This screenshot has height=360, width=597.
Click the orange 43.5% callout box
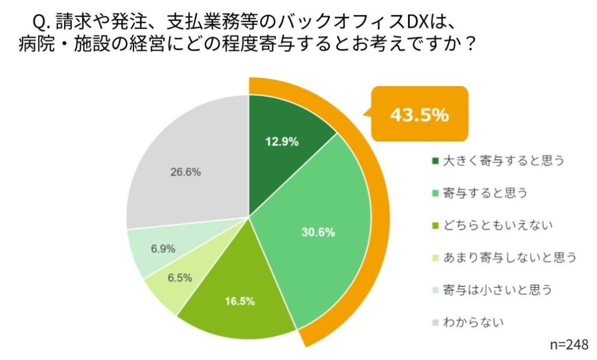coord(419,115)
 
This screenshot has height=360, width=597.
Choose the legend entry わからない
coord(473,320)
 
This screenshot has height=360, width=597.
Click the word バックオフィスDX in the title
coord(357,23)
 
